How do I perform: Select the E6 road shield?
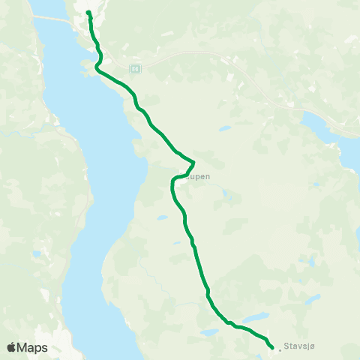[x=134, y=68]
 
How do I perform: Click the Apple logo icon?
[x=11, y=347]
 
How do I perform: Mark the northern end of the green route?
[x=88, y=13]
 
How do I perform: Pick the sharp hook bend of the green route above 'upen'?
[x=193, y=162]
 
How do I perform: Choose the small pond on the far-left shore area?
[x=35, y=254]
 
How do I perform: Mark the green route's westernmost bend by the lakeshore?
[x=95, y=68]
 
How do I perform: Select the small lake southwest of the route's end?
[x=208, y=331]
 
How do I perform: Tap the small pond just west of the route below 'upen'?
[x=161, y=217]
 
